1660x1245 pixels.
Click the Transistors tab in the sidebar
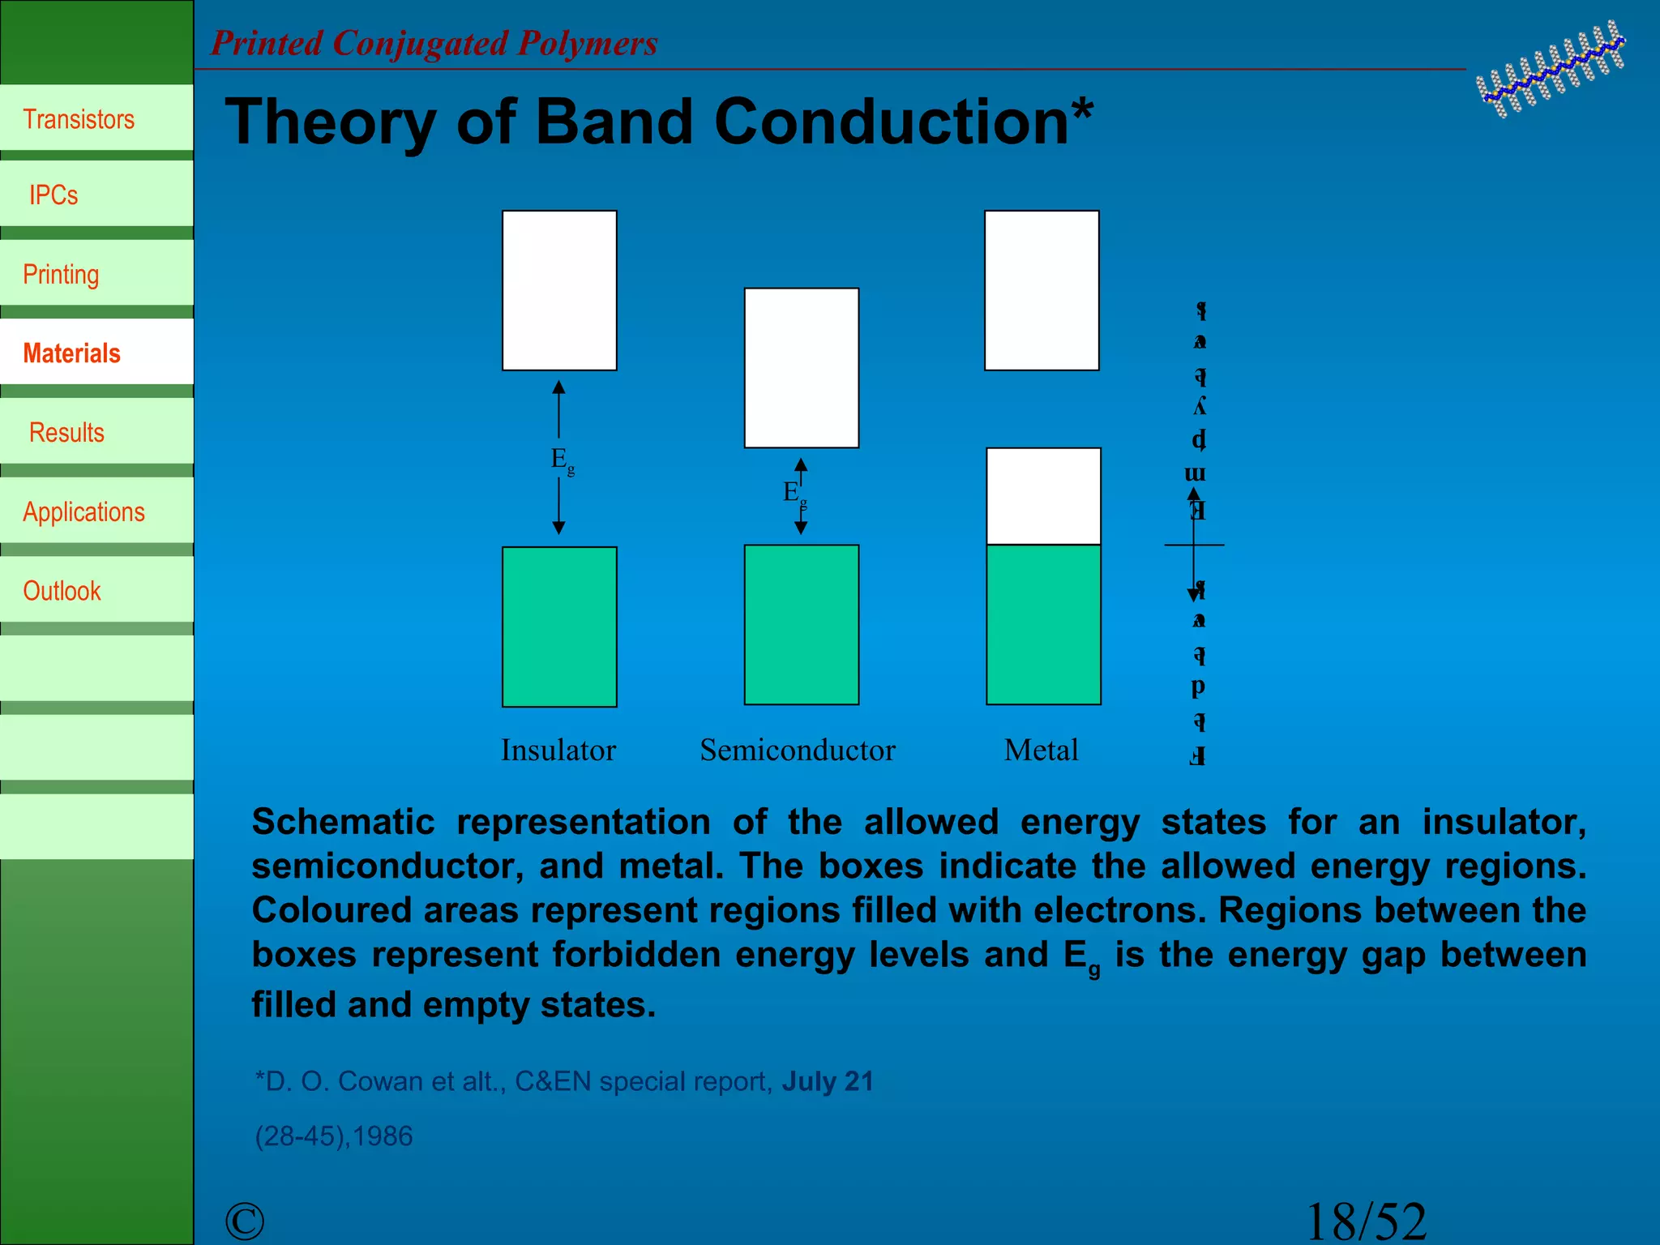pyautogui.click(x=79, y=119)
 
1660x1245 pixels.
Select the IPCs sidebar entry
pyautogui.click(x=53, y=195)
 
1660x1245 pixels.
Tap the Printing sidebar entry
pyautogui.click(x=61, y=274)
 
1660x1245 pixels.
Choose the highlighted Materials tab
pyautogui.click(x=71, y=353)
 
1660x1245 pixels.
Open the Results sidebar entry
pyautogui.click(x=66, y=433)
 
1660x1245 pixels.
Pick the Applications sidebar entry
pyautogui.click(x=83, y=512)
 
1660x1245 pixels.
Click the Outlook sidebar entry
pyautogui.click(x=62, y=591)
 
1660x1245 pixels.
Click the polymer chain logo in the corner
pyautogui.click(x=1550, y=70)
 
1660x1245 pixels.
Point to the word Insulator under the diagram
pyautogui.click(x=558, y=750)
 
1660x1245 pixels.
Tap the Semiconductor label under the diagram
pyautogui.click(x=798, y=750)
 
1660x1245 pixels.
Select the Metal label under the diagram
pyautogui.click(x=1041, y=750)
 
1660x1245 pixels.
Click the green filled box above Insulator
pyautogui.click(x=559, y=627)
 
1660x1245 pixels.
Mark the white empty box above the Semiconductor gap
pyautogui.click(x=802, y=368)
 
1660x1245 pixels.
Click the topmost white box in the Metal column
pyautogui.click(x=1042, y=290)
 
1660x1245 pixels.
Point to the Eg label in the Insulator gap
pyautogui.click(x=562, y=460)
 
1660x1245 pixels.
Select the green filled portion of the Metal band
pyautogui.click(x=1043, y=624)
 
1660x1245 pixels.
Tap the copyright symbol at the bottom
pyautogui.click(x=245, y=1221)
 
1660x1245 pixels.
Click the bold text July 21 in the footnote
pyautogui.click(x=828, y=1081)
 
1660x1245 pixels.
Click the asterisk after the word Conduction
pyautogui.click(x=1082, y=109)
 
